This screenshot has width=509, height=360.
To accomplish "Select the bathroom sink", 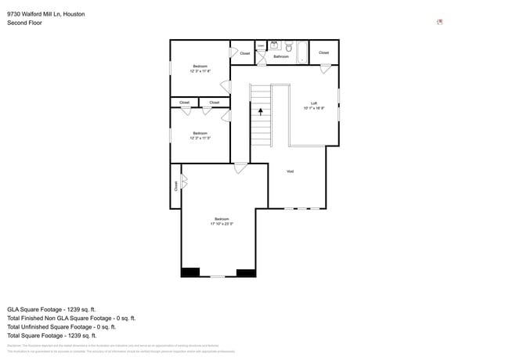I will pyautogui.click(x=275, y=45).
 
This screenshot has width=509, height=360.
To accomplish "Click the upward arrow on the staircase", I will pyautogui.click(x=261, y=112).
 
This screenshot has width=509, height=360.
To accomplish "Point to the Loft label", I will pyautogui.click(x=314, y=103).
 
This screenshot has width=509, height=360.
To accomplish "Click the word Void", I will pyautogui.click(x=290, y=171).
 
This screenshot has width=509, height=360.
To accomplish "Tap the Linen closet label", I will pyautogui.click(x=261, y=46).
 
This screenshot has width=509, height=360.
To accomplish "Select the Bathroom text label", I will pyautogui.click(x=281, y=56).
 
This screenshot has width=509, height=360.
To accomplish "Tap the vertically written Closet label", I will pyautogui.click(x=176, y=186).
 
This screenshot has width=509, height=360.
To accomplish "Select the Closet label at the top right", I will pyautogui.click(x=323, y=52).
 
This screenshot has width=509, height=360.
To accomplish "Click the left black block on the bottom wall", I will pyautogui.click(x=190, y=272).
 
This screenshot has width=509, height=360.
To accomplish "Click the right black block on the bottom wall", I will pyautogui.click(x=247, y=272).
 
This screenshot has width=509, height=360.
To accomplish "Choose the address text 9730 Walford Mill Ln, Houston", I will pyautogui.click(x=46, y=14).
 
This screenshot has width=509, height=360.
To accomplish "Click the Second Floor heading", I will pyautogui.click(x=24, y=23).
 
